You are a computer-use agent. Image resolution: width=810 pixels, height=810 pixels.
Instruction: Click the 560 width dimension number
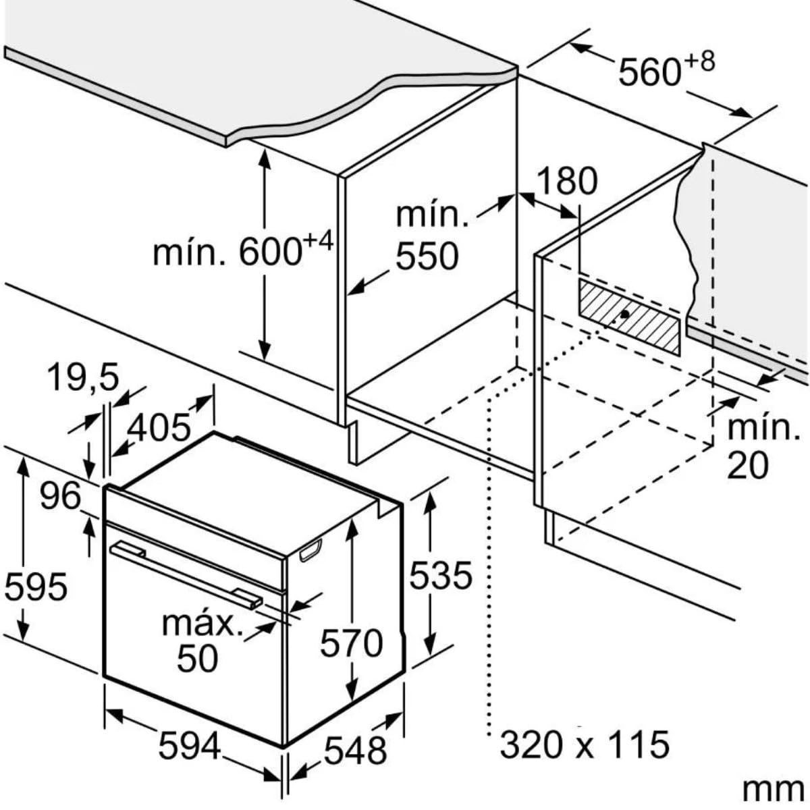649,73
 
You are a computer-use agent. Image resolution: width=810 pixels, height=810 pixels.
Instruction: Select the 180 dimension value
567,181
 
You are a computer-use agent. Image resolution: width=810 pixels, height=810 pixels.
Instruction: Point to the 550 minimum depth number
427,256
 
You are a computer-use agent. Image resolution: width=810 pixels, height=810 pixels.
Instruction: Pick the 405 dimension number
159,428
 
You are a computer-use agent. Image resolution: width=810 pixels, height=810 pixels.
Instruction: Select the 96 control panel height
60,496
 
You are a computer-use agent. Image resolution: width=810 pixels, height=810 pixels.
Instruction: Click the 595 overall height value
36,587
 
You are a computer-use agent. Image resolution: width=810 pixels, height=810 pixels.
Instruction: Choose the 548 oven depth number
355,751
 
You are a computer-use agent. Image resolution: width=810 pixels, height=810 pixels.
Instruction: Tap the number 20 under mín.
748,466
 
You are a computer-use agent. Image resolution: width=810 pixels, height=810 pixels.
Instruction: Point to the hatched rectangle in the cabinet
629,317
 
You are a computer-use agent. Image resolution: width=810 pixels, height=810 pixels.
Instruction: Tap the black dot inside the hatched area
626,314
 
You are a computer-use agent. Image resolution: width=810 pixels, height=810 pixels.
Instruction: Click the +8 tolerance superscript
699,62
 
